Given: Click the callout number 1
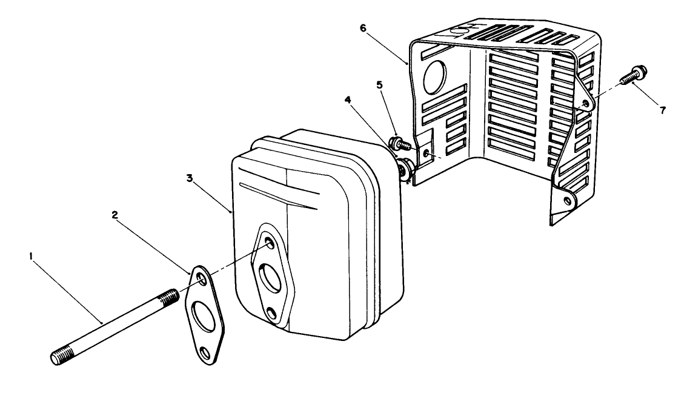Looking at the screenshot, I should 30,257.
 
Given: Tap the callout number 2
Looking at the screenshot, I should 114,214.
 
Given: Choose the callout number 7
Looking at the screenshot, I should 663,110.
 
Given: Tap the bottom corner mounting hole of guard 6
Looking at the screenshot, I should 567,199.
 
